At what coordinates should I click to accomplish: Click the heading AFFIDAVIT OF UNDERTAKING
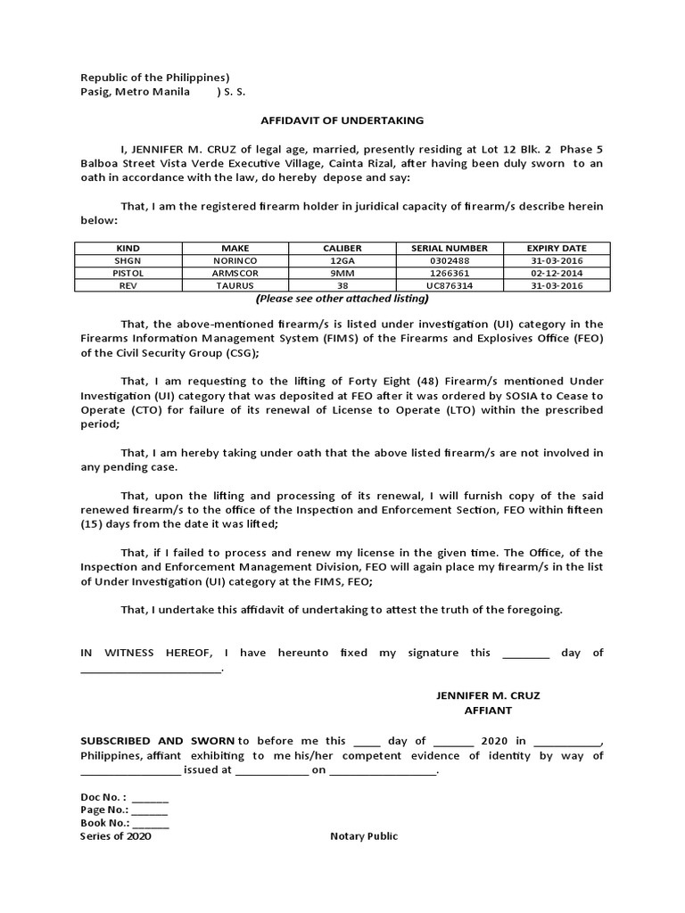pyautogui.click(x=342, y=120)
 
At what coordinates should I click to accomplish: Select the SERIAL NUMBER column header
pyautogui.click(x=449, y=247)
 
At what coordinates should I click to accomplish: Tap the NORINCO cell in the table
pyautogui.click(x=235, y=259)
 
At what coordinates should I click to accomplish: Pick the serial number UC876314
pyautogui.click(x=449, y=284)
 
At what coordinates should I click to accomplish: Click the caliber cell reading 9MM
pyautogui.click(x=342, y=272)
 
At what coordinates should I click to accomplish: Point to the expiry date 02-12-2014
pyautogui.click(x=556, y=272)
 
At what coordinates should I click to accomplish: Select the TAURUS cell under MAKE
pyautogui.click(x=235, y=284)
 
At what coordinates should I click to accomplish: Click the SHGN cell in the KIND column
pyautogui.click(x=128, y=259)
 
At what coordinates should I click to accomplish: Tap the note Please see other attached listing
pyautogui.click(x=342, y=298)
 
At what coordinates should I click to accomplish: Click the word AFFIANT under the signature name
pyautogui.click(x=488, y=711)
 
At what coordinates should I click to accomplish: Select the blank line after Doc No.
pyautogui.click(x=150, y=797)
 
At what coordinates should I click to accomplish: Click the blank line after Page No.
pyautogui.click(x=150, y=810)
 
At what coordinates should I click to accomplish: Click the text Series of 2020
pyautogui.click(x=116, y=836)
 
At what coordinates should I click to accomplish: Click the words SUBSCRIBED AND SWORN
pyautogui.click(x=157, y=741)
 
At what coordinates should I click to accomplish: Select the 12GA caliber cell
pyautogui.click(x=342, y=259)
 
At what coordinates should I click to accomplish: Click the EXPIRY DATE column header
pyautogui.click(x=556, y=247)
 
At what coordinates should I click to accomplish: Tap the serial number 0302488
pyautogui.click(x=449, y=259)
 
